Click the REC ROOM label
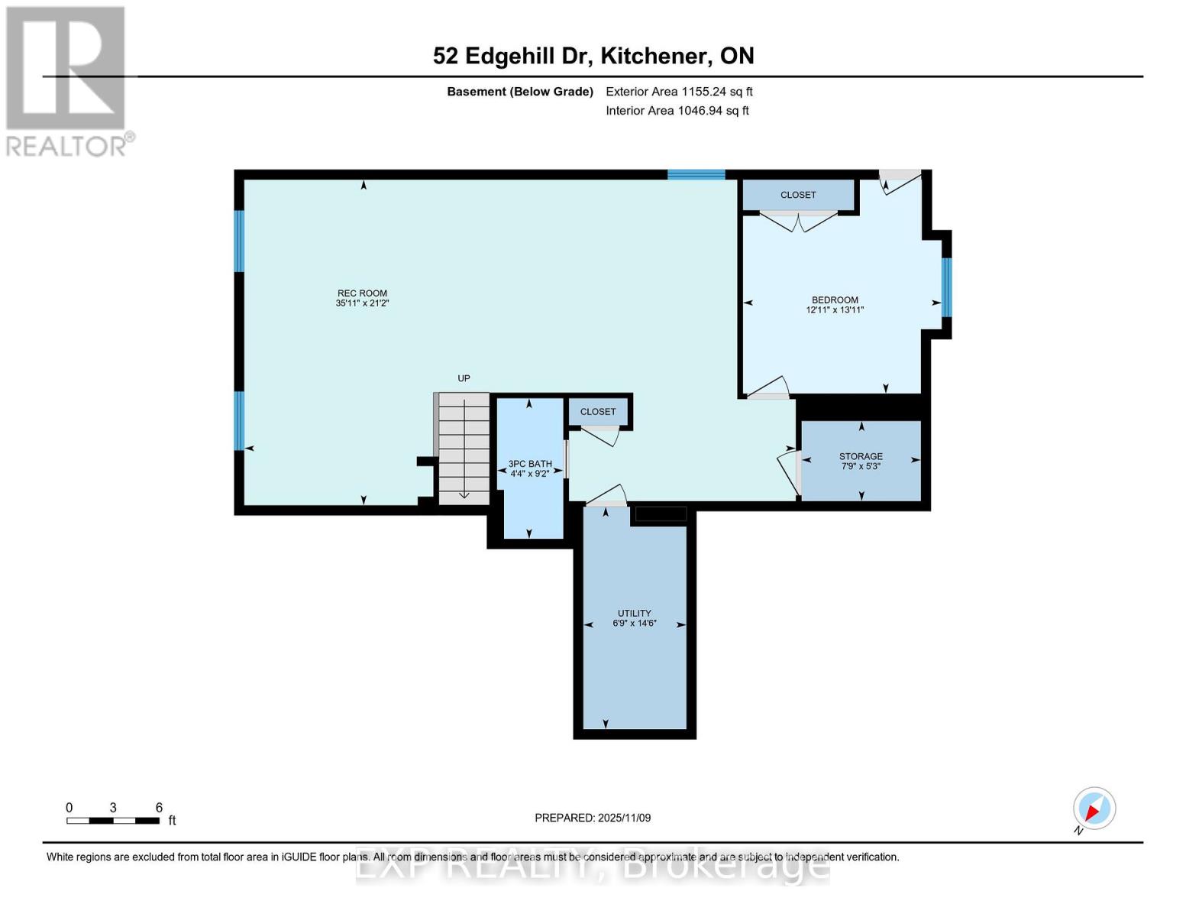point(362,293)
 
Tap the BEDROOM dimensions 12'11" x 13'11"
point(835,310)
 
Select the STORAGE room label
point(861,456)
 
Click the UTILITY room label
point(634,613)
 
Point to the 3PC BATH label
point(530,464)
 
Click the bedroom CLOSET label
point(798,195)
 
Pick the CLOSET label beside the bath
point(598,412)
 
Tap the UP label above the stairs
point(464,378)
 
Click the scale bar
point(113,821)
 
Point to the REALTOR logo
point(67,80)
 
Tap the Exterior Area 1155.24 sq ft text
point(679,92)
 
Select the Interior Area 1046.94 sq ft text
point(677,111)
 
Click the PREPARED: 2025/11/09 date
point(593,818)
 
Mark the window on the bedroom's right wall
point(946,287)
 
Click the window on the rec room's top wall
point(696,174)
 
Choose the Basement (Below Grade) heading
point(520,92)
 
